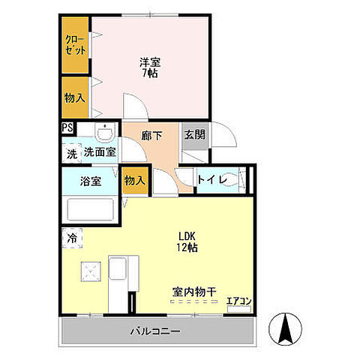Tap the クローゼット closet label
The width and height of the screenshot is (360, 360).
pos(75,45)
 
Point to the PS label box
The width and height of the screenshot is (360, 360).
pos(67,127)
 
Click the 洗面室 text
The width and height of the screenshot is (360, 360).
pos(100,152)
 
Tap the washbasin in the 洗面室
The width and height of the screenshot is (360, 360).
pos(106,133)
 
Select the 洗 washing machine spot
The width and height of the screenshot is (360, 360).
pos(71,154)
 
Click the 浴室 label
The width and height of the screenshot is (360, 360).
pos(91,181)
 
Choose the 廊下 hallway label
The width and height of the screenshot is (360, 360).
pos(153,137)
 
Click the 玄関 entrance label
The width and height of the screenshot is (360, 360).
pos(194,135)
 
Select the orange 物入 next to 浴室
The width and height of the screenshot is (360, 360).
pos(135,181)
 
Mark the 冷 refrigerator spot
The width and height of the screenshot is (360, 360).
pos(71,238)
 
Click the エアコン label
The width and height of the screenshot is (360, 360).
pos(239,301)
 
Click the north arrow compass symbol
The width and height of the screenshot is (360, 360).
pos(286,328)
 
